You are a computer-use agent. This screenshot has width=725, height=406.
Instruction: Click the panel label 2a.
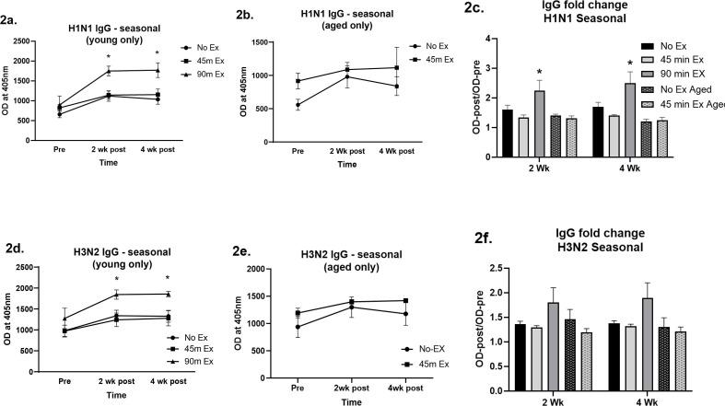[18, 12]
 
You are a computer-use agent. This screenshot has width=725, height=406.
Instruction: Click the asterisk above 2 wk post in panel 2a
[108, 56]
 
